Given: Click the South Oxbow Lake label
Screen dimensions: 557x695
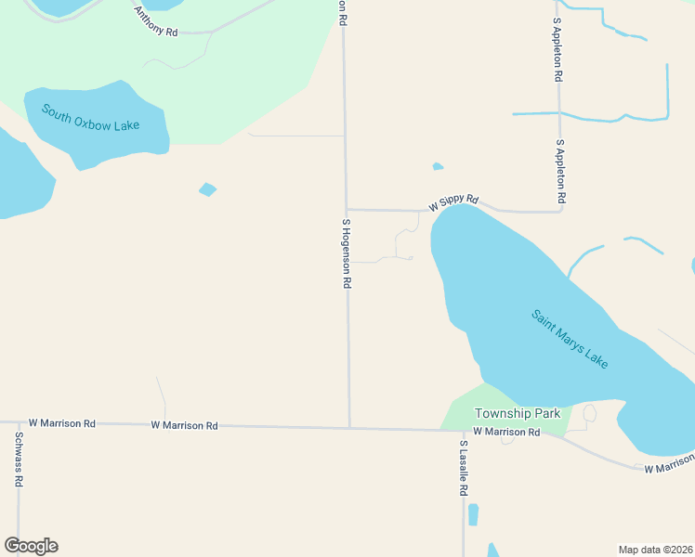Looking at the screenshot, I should pos(90,117).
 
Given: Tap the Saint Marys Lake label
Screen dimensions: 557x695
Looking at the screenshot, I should pos(570,339).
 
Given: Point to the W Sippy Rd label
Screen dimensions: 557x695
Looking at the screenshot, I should pos(453,201).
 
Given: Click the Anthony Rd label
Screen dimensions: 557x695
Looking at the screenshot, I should pos(155,21).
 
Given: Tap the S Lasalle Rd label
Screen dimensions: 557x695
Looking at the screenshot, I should pos(463,468).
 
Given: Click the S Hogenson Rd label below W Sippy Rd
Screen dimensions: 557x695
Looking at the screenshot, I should pos(347,253).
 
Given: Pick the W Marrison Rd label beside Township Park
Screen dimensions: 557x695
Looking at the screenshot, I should pos(506,432).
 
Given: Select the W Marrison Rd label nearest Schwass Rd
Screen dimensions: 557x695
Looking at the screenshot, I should pos(61,423).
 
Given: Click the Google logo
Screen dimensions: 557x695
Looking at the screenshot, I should pos(31,546).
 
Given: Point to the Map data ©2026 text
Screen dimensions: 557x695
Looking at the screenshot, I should pos(655,550).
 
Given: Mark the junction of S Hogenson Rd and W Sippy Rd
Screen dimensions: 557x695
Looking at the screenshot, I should pos(347,210).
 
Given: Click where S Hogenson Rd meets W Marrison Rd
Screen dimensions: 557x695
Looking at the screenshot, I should pos(349,428).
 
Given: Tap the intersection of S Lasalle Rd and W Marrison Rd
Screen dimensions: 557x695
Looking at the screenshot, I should pos(463,431).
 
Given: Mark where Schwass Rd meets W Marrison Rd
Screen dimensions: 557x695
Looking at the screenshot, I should pos(18,423).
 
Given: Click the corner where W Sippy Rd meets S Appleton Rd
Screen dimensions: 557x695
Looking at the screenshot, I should pos(560,211).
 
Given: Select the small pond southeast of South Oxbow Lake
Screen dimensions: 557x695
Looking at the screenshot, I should pos(207,189).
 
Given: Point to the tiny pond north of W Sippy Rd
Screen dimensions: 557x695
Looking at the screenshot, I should pos(438,167).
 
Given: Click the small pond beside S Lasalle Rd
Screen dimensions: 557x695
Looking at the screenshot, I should pos(473,514).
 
